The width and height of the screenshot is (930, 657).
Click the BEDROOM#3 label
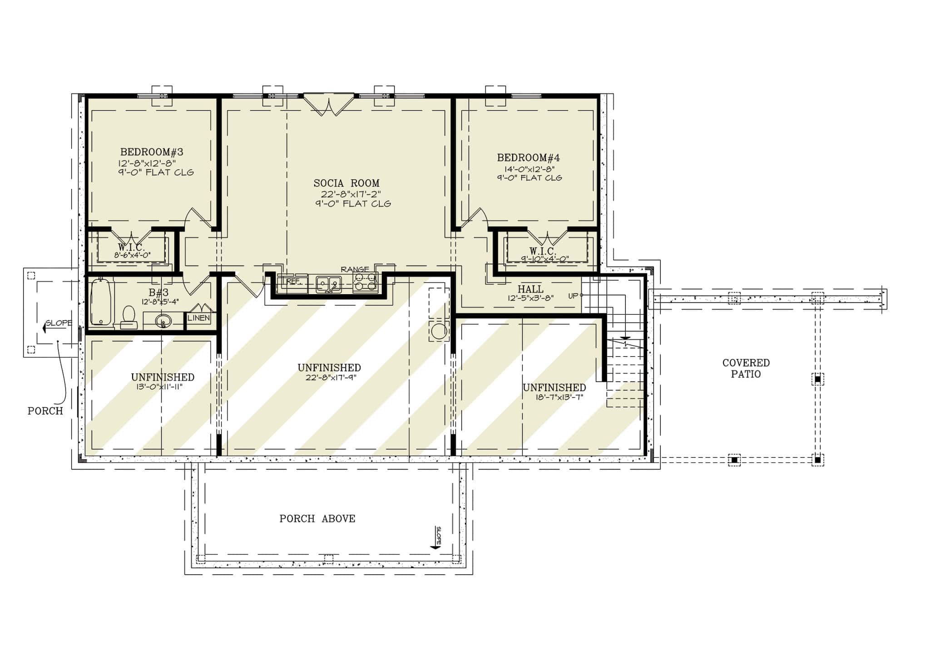(x=151, y=152)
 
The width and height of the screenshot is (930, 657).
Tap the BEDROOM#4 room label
(x=528, y=158)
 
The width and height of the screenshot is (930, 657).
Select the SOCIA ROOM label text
(x=346, y=183)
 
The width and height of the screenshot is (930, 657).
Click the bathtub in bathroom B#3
(x=102, y=303)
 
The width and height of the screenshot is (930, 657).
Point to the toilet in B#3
(x=129, y=316)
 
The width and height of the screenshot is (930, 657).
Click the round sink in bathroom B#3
(x=163, y=321)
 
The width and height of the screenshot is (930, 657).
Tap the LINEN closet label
(x=199, y=318)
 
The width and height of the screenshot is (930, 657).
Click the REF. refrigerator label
(x=293, y=282)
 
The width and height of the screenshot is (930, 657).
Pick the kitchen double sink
(x=329, y=284)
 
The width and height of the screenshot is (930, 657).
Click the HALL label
(x=530, y=289)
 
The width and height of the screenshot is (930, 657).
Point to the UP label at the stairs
(x=573, y=296)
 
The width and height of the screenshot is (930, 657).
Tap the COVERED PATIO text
(x=746, y=368)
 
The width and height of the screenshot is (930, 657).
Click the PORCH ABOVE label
(x=317, y=519)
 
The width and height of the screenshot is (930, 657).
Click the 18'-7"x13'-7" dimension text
(x=559, y=397)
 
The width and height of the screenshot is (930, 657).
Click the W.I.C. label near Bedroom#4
(x=542, y=251)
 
